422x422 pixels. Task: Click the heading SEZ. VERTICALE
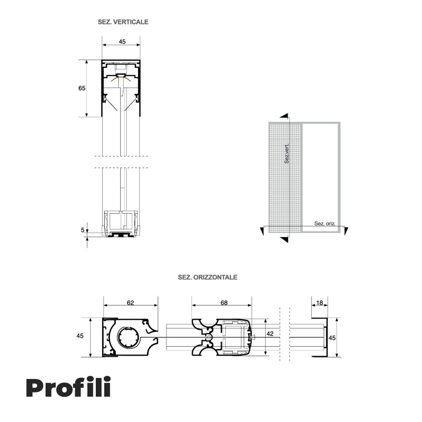coord(123,22)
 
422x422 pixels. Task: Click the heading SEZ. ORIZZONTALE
coord(208,277)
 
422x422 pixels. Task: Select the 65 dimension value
coord(82,88)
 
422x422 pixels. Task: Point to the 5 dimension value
coord(83,230)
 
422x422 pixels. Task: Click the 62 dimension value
coord(130,303)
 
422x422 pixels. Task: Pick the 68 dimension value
coord(224,303)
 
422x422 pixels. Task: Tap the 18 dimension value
coord(319,303)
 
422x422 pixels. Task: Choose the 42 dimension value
coord(270,334)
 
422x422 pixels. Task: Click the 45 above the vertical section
coord(122,42)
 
